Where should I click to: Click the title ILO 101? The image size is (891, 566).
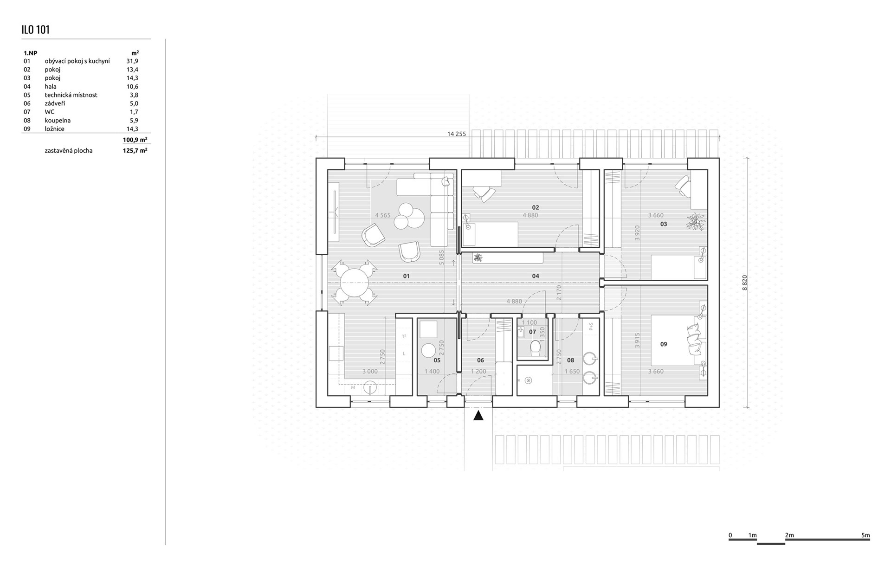click(35, 30)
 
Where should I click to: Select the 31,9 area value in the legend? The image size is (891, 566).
click(132, 61)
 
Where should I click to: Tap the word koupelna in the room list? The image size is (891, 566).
click(58, 120)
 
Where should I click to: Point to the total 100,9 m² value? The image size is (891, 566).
click(135, 139)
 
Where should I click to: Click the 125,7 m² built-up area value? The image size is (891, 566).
click(135, 150)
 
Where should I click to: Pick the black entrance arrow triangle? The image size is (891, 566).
click(478, 415)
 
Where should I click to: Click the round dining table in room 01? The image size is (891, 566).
click(355, 283)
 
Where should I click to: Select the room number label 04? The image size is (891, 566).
click(536, 276)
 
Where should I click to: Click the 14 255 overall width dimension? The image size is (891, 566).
click(457, 134)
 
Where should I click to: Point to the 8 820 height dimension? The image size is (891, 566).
click(745, 283)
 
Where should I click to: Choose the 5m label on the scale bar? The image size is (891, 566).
click(865, 535)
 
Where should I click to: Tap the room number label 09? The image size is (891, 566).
click(664, 344)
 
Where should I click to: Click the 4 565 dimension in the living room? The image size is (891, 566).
click(383, 215)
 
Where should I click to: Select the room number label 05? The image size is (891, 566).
click(437, 360)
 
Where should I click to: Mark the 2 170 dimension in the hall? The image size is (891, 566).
click(559, 293)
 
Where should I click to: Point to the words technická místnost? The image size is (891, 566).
click(71, 95)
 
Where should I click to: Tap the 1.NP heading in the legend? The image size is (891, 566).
click(30, 53)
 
